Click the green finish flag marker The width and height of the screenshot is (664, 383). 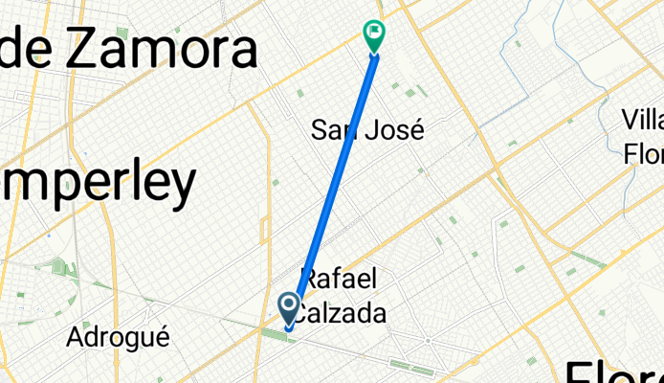point(374,34)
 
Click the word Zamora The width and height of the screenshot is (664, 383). point(161,50)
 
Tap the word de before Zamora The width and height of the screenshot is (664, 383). point(34,48)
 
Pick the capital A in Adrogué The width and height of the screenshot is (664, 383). point(76,337)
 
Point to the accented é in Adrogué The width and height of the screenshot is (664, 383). point(162,337)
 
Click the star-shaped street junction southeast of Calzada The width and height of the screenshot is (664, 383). point(428,339)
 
